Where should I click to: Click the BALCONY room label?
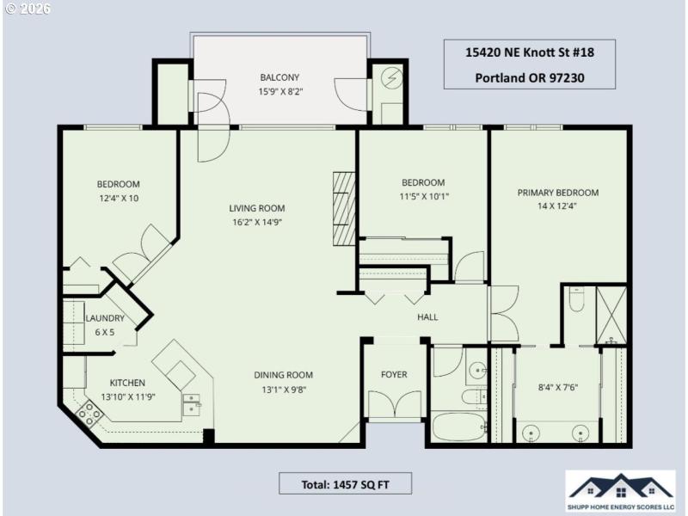[x=279, y=77]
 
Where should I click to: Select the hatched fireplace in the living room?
[x=343, y=209]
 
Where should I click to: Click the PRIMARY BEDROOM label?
[x=557, y=193]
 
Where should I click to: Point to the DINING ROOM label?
[x=283, y=374]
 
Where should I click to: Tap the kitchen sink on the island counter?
[x=191, y=402]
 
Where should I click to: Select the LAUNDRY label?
[x=105, y=318]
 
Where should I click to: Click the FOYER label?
[x=394, y=374]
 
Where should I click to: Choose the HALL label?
[x=427, y=317]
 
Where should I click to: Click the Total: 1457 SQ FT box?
[x=345, y=482]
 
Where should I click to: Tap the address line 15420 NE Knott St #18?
[x=529, y=52]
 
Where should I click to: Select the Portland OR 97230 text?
[x=529, y=77]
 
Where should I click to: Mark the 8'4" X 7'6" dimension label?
[x=556, y=386]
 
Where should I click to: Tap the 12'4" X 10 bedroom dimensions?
[x=118, y=199]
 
